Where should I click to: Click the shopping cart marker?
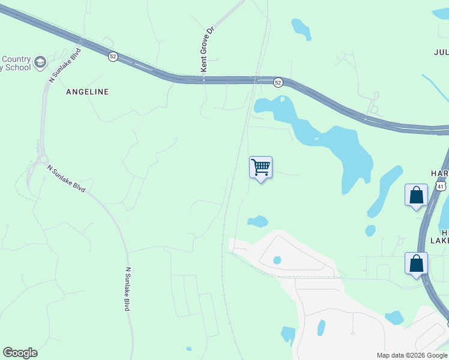tap(261, 167)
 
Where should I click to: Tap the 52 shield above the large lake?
tap(277, 82)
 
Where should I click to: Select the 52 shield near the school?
tap(113, 56)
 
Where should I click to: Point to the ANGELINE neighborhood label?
tap(88, 92)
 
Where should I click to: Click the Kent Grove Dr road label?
tap(207, 49)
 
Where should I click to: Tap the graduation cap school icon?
tap(40, 62)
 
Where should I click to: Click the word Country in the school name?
tap(16, 59)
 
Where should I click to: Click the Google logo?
tap(20, 353)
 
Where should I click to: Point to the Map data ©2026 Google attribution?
tap(412, 355)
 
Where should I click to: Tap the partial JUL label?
tap(441, 52)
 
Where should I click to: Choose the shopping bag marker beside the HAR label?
tap(416, 195)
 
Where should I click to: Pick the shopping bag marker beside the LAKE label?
tap(416, 263)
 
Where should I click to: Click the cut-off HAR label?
tap(439, 173)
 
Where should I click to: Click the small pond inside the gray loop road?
tap(277, 260)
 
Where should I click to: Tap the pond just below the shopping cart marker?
tap(258, 221)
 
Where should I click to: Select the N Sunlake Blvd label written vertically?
tap(127, 289)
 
